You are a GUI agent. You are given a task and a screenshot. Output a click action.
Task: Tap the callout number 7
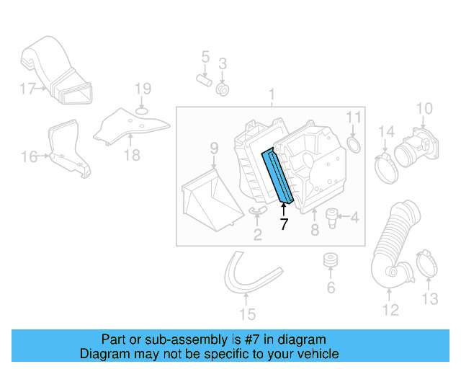[284, 224]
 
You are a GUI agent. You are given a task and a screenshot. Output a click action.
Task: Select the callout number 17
[27, 89]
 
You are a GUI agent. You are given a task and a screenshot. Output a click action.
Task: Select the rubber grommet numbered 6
[332, 259]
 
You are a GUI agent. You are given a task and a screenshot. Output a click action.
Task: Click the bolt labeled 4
[333, 215]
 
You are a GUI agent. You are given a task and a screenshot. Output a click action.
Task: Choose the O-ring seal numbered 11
[354, 146]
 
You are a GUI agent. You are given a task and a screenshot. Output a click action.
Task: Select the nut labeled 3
[223, 90]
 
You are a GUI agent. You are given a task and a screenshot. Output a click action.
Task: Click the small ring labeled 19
[143, 111]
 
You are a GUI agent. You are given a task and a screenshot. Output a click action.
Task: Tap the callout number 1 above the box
[272, 95]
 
